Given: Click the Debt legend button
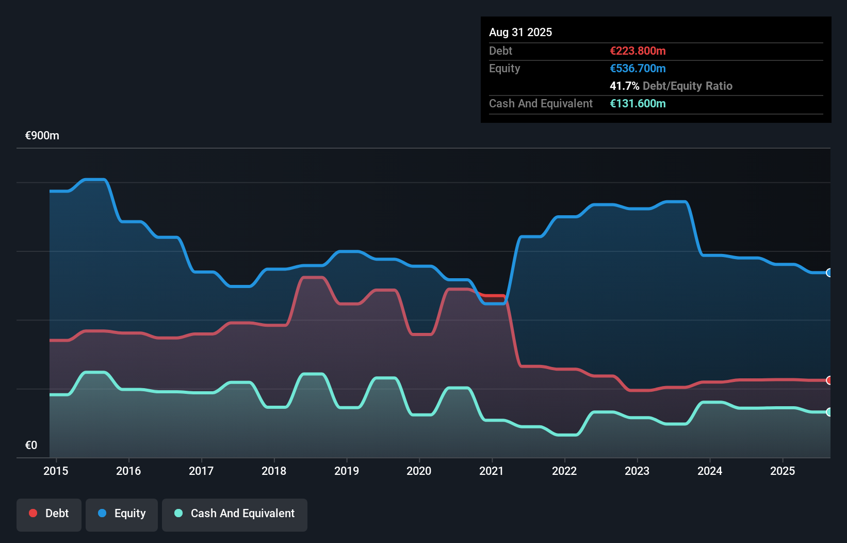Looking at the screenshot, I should click(x=49, y=514).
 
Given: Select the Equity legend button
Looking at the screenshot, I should click(x=122, y=514).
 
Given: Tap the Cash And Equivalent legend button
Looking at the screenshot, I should click(x=235, y=514).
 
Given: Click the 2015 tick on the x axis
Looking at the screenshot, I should click(x=56, y=471).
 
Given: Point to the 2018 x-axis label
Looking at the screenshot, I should click(x=274, y=471).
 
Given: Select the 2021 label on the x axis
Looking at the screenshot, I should click(x=492, y=471).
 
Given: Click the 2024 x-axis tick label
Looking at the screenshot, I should click(x=710, y=471).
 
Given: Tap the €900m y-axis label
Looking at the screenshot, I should click(x=42, y=136).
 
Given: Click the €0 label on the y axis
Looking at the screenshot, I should click(x=31, y=445).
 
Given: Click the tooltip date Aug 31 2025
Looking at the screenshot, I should click(x=520, y=32).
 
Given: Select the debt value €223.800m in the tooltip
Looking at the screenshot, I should click(x=638, y=51).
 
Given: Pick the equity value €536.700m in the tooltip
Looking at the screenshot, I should click(x=638, y=68).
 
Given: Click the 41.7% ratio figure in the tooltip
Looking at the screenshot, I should click(x=624, y=86).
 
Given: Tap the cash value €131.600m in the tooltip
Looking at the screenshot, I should click(x=638, y=103).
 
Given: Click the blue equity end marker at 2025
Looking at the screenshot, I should click(x=829, y=273).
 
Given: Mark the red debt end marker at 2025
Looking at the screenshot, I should click(x=829, y=380).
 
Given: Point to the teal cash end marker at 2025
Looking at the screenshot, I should click(x=829, y=412).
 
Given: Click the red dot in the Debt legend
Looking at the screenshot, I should click(x=33, y=513).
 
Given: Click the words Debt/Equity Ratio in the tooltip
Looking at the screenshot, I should click(x=687, y=86).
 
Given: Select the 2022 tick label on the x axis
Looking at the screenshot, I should click(x=564, y=471).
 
